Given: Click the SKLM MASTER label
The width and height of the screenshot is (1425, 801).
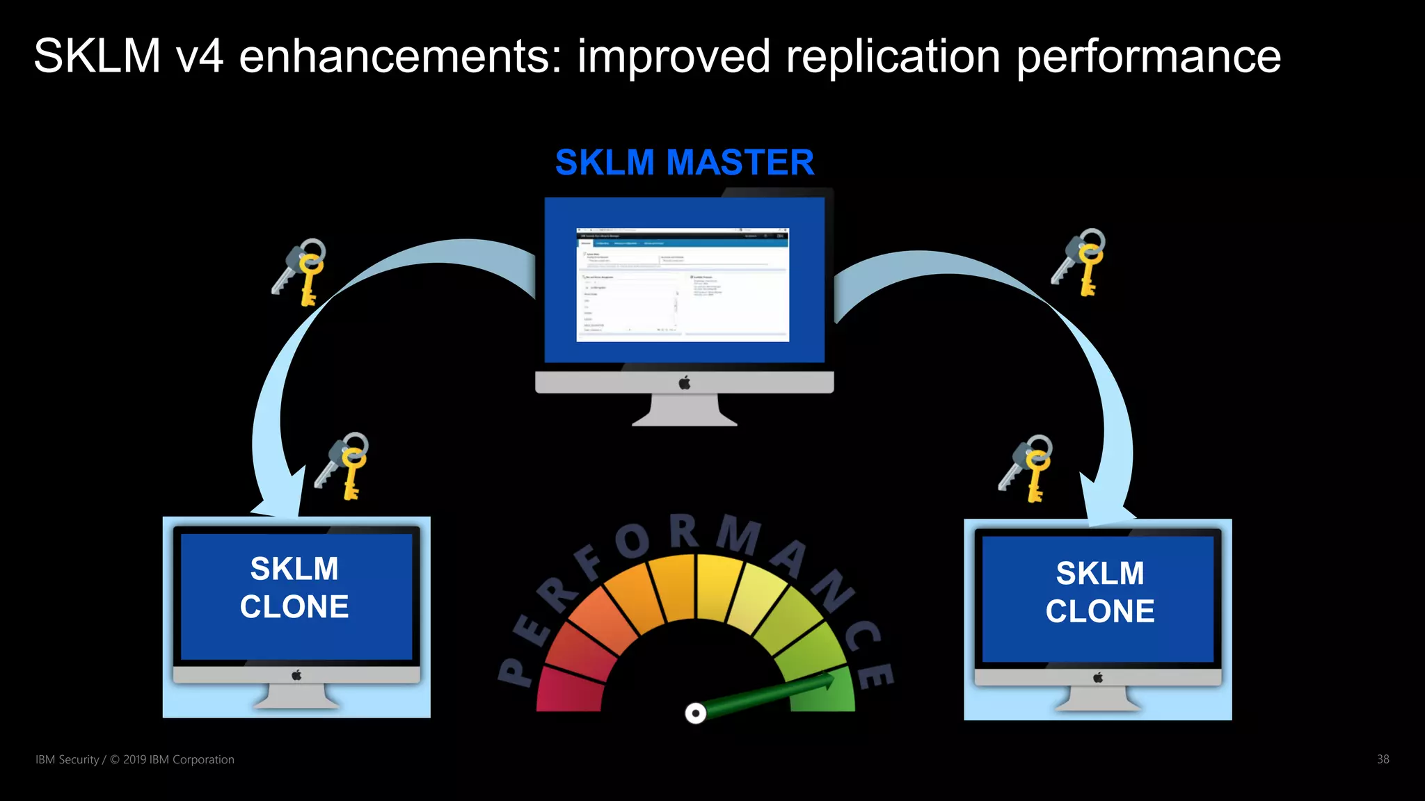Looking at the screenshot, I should (x=685, y=163).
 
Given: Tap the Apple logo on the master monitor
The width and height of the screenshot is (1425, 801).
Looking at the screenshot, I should (x=685, y=382).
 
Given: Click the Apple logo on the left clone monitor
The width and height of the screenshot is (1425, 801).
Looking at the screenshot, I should (x=296, y=675).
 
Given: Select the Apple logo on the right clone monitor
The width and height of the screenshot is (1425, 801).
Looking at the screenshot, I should (x=1098, y=677).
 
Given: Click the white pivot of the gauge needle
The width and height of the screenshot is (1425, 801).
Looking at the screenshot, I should (x=695, y=713).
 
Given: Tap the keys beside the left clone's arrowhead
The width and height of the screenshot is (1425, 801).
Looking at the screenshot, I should (x=342, y=466).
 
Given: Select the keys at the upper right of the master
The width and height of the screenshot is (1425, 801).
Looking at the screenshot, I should (x=1080, y=261).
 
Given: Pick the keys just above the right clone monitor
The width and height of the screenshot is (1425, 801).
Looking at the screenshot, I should (x=1026, y=467).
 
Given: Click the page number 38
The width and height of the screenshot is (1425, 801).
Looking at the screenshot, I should (x=1383, y=759).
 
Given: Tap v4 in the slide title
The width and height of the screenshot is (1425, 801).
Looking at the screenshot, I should (x=200, y=56).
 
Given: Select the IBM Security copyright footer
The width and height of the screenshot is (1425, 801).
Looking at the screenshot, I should (x=135, y=759).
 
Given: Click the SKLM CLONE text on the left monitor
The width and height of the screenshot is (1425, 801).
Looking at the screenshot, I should (x=294, y=588).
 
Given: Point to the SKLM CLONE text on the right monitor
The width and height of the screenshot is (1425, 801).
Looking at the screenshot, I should (x=1099, y=592).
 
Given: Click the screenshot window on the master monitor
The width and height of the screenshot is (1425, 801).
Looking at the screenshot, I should (x=683, y=284).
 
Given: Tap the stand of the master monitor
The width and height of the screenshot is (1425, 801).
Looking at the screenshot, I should (x=685, y=410).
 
